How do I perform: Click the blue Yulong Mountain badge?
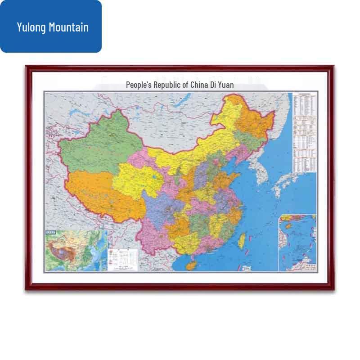pyautogui.click(x=51, y=27)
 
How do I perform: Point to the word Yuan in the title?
pyautogui.click(x=226, y=85)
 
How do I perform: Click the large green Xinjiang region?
pyautogui.click(x=97, y=139)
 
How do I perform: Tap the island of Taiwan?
pyautogui.click(x=241, y=241)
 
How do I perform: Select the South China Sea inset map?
pyautogui.click(x=297, y=243)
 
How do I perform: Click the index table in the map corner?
pyautogui.click(x=304, y=133)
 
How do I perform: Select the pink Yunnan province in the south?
pyautogui.click(x=155, y=238)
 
